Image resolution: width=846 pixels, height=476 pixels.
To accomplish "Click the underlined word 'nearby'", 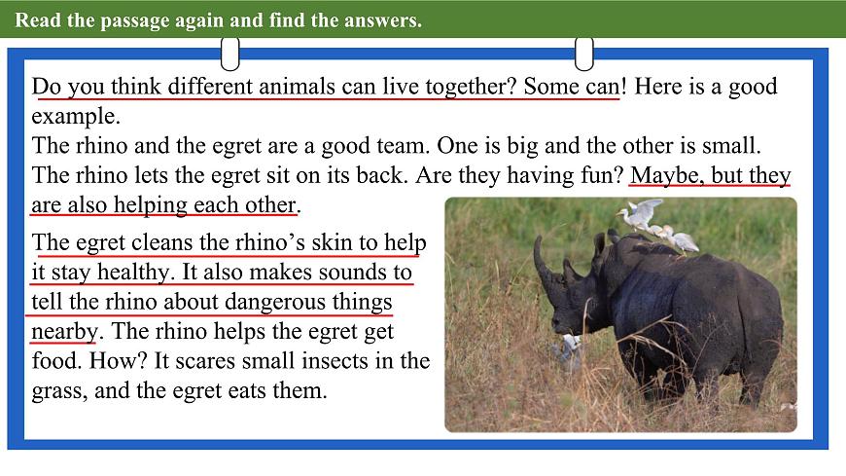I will pyautogui.click(x=64, y=331).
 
